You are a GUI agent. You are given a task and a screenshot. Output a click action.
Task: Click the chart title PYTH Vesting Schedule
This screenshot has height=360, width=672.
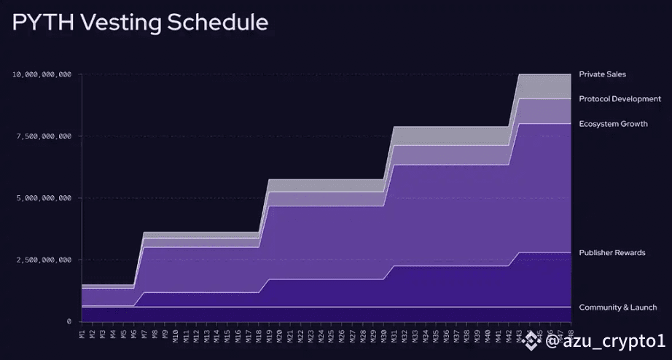(x=140, y=23)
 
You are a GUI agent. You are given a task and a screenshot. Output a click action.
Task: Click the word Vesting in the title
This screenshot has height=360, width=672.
(x=120, y=23)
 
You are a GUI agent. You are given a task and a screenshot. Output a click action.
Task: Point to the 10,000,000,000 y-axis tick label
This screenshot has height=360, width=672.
(x=42, y=74)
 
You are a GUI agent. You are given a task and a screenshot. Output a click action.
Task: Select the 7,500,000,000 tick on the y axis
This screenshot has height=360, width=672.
(x=43, y=136)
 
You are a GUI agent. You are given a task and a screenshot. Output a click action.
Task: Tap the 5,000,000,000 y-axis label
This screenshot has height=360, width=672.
(x=43, y=198)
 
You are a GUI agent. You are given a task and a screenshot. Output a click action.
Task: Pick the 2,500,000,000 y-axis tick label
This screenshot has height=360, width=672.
(x=43, y=260)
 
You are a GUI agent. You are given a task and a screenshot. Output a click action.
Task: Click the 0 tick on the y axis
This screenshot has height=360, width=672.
(x=69, y=321)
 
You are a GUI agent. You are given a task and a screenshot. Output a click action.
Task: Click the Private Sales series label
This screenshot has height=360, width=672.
(x=602, y=74)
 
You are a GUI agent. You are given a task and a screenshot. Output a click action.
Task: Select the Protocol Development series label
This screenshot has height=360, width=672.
(x=620, y=99)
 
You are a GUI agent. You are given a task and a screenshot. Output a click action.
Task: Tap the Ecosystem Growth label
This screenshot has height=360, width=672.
(x=613, y=124)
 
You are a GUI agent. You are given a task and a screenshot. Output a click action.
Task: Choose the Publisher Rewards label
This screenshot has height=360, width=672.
(x=612, y=253)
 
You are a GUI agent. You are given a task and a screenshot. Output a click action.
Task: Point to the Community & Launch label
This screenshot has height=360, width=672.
(x=617, y=308)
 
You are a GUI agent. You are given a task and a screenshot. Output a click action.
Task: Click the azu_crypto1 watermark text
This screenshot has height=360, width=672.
(x=605, y=340)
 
